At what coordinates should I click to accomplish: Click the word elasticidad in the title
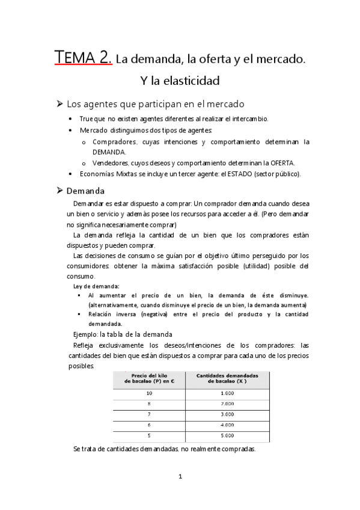pyautogui.click(x=191, y=80)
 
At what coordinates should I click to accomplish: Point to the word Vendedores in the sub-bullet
pyautogui.click(x=113, y=164)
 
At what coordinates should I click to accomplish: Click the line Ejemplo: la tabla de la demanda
pyautogui.click(x=123, y=334)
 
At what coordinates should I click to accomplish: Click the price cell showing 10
pyautogui.click(x=150, y=392)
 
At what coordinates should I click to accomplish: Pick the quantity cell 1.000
pyautogui.click(x=227, y=392)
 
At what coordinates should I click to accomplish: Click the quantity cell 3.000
pyautogui.click(x=227, y=414)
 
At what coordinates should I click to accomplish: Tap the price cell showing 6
pyautogui.click(x=150, y=425)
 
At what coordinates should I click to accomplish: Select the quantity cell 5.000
pyautogui.click(x=227, y=436)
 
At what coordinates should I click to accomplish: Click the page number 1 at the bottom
pyautogui.click(x=180, y=477)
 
